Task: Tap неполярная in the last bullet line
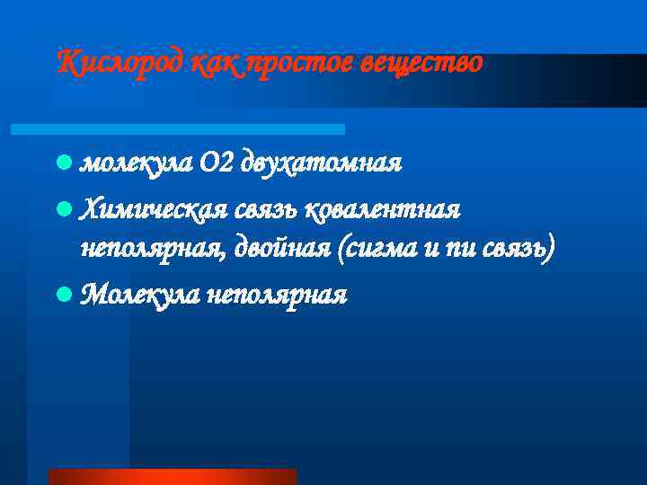(x=276, y=294)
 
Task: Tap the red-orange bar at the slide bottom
(x=172, y=476)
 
